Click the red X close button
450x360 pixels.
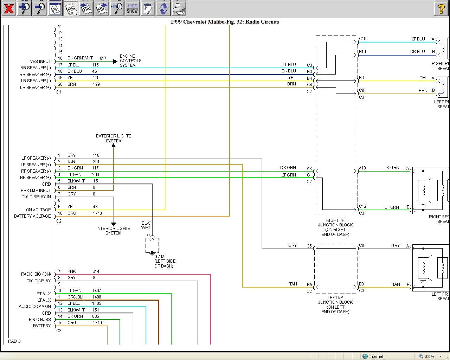click(9, 8)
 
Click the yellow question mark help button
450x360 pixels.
click(441, 8)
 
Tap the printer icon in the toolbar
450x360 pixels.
click(179, 8)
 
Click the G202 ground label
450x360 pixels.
click(159, 256)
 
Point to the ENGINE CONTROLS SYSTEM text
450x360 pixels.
click(130, 60)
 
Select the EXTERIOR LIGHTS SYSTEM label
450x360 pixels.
click(114, 138)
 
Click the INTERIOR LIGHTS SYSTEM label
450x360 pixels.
click(113, 231)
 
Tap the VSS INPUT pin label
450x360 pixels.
click(40, 61)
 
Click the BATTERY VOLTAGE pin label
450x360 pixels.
click(32, 216)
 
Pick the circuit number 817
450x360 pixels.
click(103, 58)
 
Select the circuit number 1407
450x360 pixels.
click(96, 291)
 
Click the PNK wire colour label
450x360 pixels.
click(72, 271)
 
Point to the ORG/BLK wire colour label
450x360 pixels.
click(76, 297)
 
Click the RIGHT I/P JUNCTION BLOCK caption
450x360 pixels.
click(335, 227)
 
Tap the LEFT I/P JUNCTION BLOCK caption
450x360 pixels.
click(335, 304)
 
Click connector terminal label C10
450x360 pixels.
click(362, 39)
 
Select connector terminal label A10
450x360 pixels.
click(362, 168)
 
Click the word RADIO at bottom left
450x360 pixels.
click(14, 341)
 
